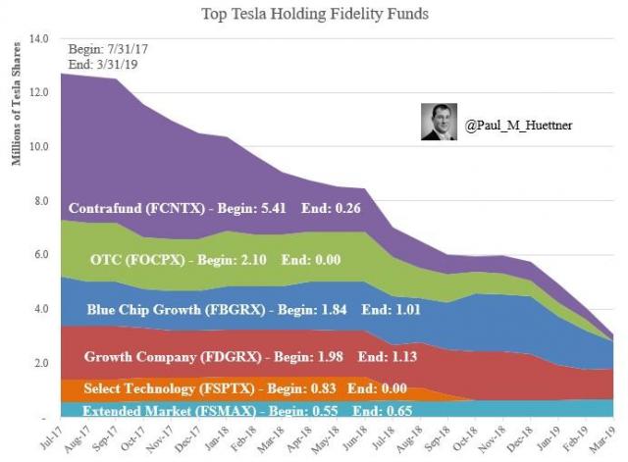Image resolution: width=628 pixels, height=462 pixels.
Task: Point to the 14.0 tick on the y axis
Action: (39, 39)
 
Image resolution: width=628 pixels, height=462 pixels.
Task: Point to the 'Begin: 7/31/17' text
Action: (106, 48)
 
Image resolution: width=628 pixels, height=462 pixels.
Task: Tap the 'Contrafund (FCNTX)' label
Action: (136, 208)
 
